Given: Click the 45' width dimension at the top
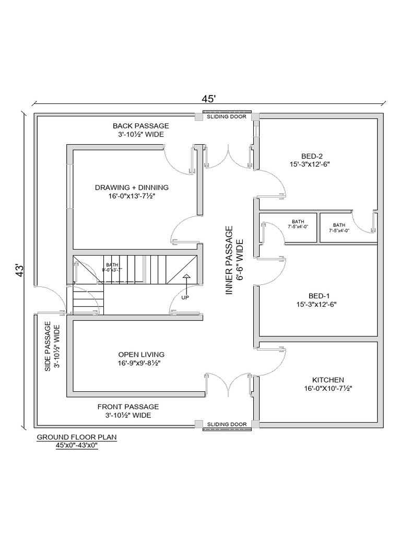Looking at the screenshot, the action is (209, 98).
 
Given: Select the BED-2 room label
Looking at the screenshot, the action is (312, 156).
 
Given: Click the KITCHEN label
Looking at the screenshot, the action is (328, 380).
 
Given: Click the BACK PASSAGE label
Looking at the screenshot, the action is (141, 126).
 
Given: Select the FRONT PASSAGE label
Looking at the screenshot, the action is (128, 406).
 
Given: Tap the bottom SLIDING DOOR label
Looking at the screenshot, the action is (227, 424).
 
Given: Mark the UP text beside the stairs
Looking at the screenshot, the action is (185, 298).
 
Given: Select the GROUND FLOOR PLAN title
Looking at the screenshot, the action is (76, 437).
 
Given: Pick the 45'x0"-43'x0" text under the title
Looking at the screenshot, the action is (77, 446).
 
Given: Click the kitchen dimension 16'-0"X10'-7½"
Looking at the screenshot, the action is (328, 389).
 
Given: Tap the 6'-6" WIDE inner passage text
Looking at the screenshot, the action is (239, 260).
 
